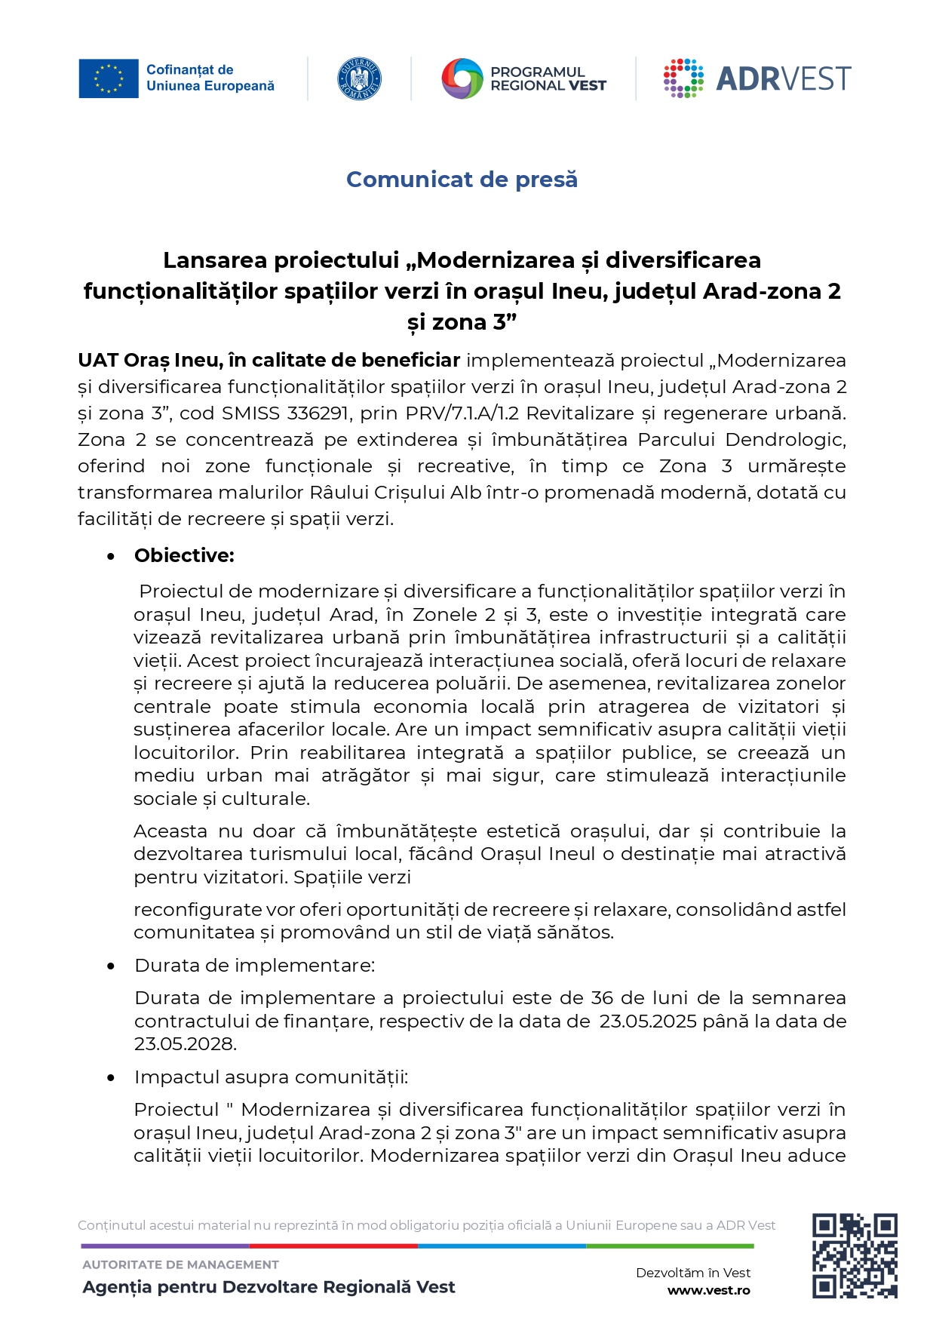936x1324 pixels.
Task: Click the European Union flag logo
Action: pos(109,78)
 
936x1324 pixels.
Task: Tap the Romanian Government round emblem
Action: pos(359,78)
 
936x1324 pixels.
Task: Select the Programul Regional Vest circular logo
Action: pos(462,78)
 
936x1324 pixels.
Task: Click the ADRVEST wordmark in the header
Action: pos(783,79)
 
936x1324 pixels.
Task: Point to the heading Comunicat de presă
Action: pos(462,180)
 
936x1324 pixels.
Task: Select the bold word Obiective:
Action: pos(184,556)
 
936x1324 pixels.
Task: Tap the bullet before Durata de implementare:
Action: pos(111,966)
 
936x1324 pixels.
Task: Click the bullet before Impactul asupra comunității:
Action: pos(111,1078)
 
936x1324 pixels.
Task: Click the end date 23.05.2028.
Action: pos(186,1044)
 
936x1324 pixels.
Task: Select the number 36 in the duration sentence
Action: pos(602,998)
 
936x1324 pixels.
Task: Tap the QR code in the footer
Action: pos(854,1255)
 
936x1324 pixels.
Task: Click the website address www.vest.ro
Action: pos(708,1290)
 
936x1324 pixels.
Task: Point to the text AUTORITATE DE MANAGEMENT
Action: pos(180,1264)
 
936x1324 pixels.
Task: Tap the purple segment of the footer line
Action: pos(165,1246)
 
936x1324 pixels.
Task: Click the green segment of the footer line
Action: pos(670,1246)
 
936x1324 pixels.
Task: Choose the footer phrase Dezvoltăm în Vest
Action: pos(693,1273)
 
